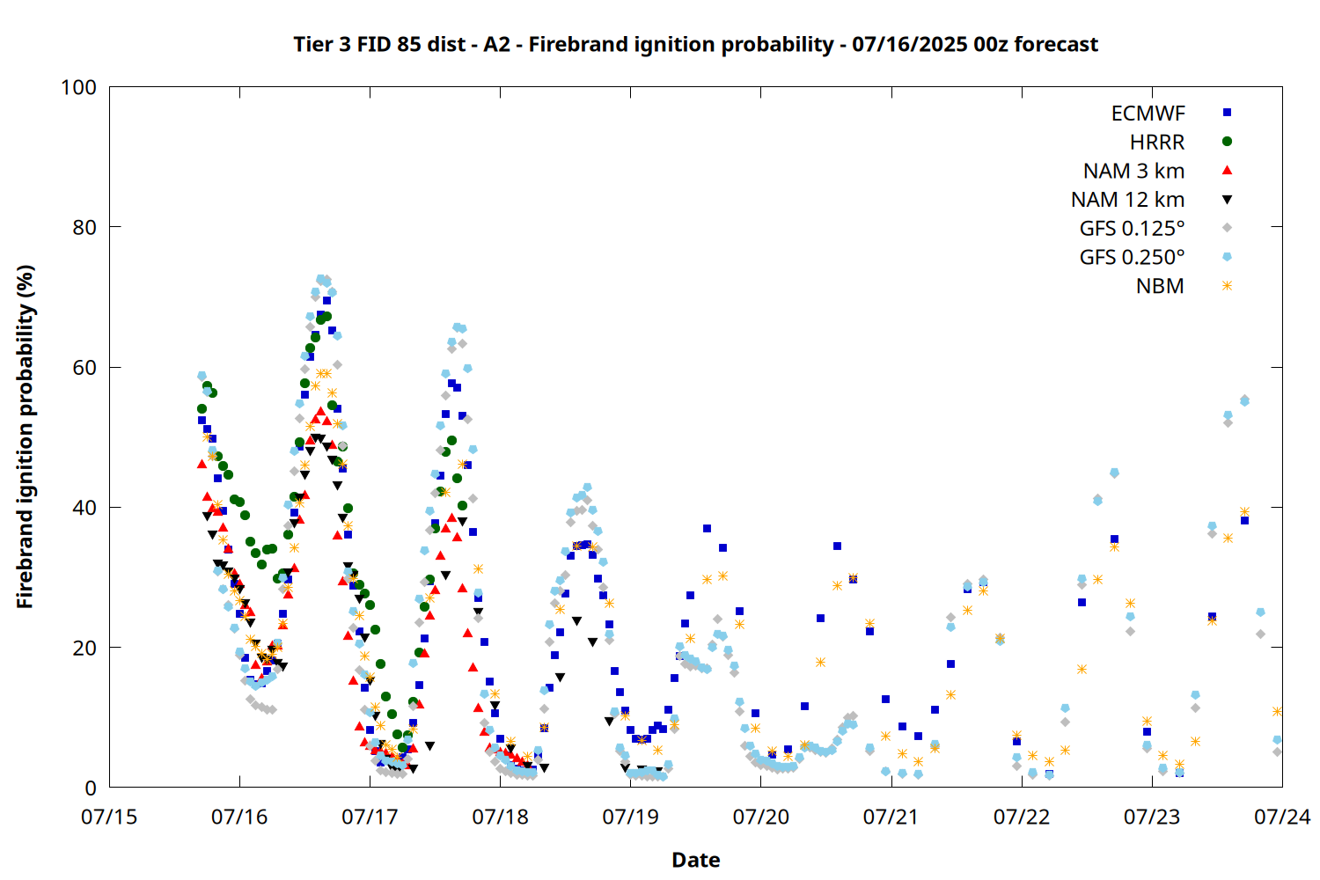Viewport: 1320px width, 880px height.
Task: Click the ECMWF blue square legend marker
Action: [x=1228, y=113]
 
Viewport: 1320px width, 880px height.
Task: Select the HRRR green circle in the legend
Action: [x=1228, y=142]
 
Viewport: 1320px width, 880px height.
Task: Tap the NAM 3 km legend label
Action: [x=1133, y=171]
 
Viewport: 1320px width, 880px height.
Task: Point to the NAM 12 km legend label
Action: [x=1128, y=200]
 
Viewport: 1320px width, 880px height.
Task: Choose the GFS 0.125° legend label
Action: [x=1132, y=228]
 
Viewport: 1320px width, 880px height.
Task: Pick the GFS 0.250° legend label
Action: [x=1132, y=257]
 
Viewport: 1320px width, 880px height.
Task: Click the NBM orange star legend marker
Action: [x=1228, y=286]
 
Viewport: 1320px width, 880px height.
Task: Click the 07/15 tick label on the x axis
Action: [x=109, y=817]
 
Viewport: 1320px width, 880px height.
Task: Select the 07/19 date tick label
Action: [x=631, y=817]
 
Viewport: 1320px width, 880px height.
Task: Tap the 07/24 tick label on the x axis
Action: [x=1282, y=817]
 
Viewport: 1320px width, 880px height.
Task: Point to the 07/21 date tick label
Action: [x=891, y=817]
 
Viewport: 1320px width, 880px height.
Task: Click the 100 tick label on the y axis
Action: [x=78, y=87]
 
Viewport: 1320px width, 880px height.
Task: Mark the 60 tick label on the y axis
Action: [x=84, y=367]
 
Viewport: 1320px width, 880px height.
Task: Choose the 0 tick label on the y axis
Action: [x=91, y=788]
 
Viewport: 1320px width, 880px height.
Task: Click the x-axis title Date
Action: [x=696, y=860]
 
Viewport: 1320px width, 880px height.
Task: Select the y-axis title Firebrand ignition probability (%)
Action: [x=25, y=436]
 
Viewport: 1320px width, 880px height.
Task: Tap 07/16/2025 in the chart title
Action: [x=909, y=44]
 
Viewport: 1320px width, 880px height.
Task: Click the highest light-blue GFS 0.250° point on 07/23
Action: [x=1244, y=401]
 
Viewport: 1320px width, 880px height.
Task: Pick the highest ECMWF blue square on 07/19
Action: [x=707, y=528]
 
